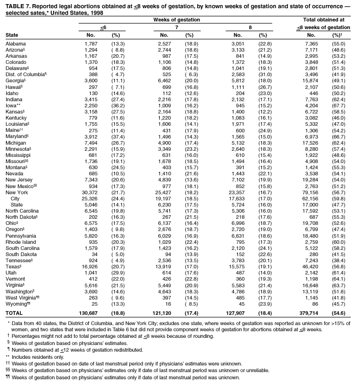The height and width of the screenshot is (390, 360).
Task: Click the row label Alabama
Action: pos(15,44)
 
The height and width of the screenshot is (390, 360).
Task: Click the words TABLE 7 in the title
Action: pos(17,6)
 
